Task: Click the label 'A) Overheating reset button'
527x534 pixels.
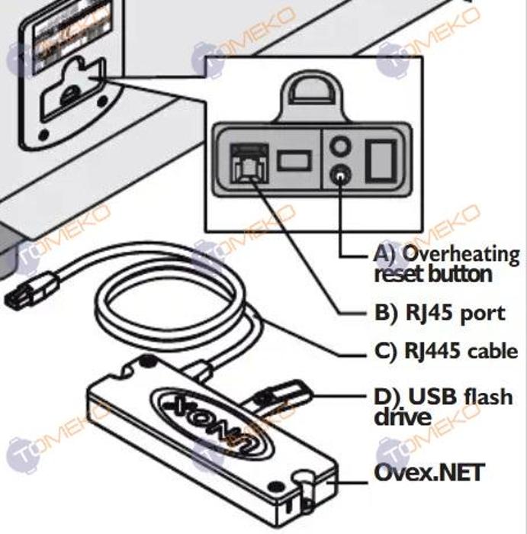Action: (446, 263)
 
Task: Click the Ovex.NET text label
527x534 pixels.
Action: (429, 472)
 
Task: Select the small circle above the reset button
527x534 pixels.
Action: (340, 145)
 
